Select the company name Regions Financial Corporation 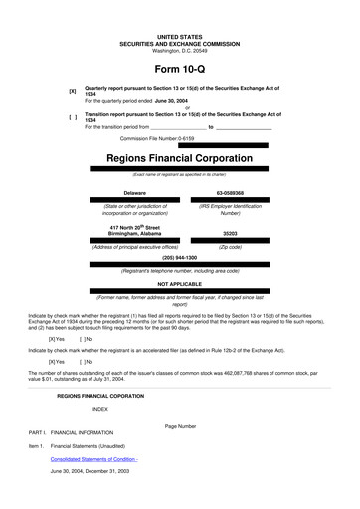pos(179,158)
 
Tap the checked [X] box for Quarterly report pos(72,91)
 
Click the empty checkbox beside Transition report pos(72,117)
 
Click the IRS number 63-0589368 pos(230,192)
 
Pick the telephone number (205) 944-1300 pos(179,257)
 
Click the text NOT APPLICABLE pos(179,282)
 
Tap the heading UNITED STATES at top pos(179,36)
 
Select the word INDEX pos(100,409)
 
